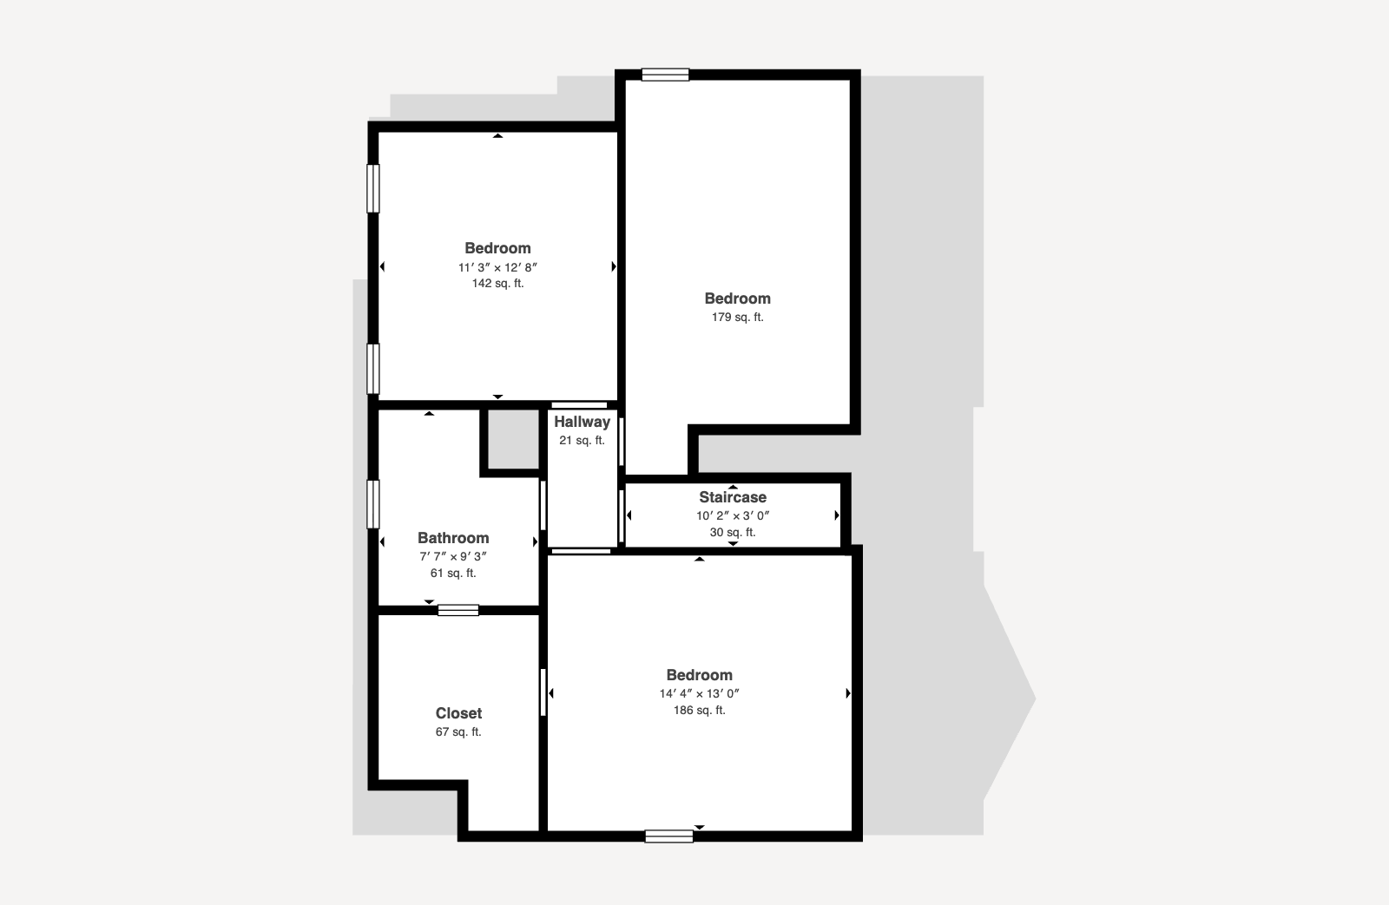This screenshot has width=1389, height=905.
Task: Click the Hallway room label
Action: click(582, 422)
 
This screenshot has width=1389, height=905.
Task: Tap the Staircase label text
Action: click(733, 497)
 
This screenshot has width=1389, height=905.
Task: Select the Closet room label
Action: click(458, 713)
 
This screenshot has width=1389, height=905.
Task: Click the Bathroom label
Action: click(452, 538)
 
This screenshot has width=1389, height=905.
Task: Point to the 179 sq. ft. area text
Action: click(737, 318)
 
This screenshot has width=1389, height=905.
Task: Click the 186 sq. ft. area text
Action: click(700, 711)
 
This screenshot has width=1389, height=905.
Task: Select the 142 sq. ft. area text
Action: click(497, 283)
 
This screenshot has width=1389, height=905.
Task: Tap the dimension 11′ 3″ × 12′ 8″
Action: click(497, 268)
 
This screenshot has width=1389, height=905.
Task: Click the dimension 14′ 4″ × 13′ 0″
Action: click(700, 693)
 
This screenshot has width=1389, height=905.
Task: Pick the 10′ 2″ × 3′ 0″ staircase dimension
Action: click(733, 515)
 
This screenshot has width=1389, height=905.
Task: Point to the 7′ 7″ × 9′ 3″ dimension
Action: click(452, 557)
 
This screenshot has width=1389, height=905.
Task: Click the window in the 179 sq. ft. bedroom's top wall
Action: click(665, 75)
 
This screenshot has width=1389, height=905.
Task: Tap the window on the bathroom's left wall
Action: click(372, 505)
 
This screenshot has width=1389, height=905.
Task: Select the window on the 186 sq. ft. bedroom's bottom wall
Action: click(669, 836)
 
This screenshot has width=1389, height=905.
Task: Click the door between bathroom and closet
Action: click(458, 610)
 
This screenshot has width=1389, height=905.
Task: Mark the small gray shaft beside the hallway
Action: click(513, 439)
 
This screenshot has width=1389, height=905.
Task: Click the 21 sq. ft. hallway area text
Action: click(582, 441)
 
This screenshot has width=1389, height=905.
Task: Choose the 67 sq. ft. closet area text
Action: click(458, 732)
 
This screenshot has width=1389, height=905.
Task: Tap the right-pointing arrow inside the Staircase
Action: click(837, 515)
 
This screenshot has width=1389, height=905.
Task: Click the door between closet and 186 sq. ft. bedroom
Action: click(543, 692)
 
